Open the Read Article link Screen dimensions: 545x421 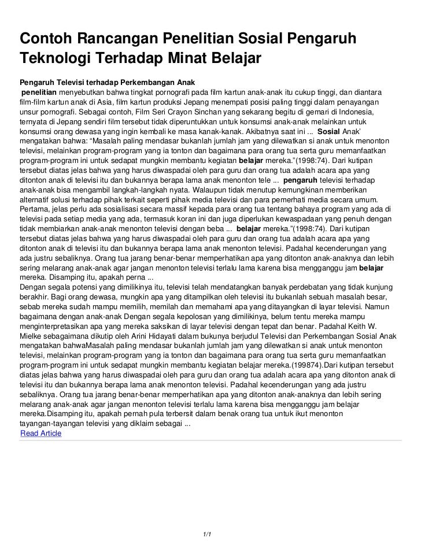[x=40, y=432]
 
